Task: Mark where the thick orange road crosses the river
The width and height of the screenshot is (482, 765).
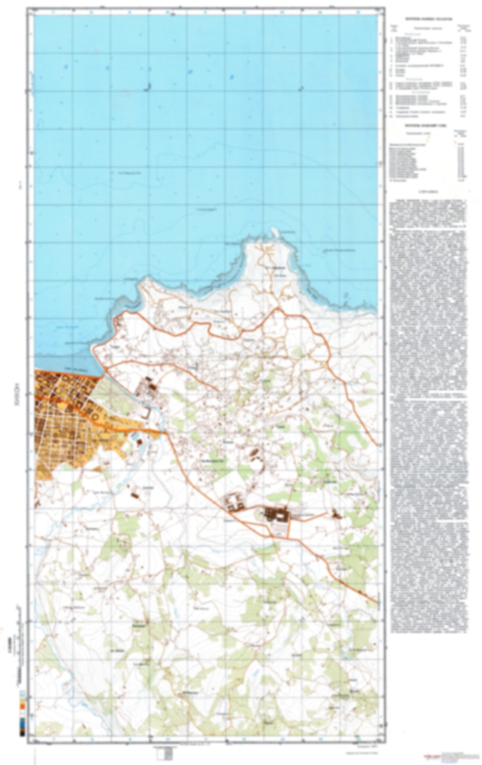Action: (x=163, y=433)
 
